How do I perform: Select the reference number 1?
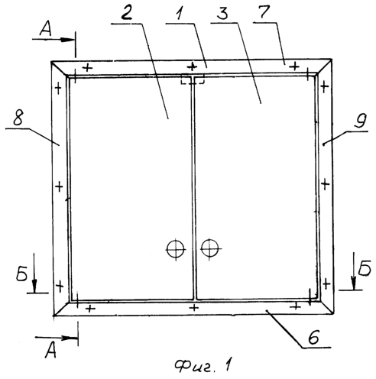[x=180, y=13]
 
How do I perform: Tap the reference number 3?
[x=223, y=13]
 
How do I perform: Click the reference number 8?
[x=18, y=118]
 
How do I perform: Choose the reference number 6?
[x=313, y=338]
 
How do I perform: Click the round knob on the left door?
[x=175, y=249]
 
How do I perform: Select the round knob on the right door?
[x=209, y=248]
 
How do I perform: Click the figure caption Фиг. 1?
[x=203, y=365]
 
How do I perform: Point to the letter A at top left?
[x=46, y=28]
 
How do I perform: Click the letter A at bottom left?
[x=50, y=350]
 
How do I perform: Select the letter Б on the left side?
[x=21, y=274]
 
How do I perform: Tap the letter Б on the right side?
[x=365, y=268]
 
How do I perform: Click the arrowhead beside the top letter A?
[x=68, y=40]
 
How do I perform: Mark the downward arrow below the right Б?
[x=354, y=271]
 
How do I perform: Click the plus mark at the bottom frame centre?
[x=194, y=307]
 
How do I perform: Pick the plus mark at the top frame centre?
[x=192, y=66]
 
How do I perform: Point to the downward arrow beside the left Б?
[x=34, y=273]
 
